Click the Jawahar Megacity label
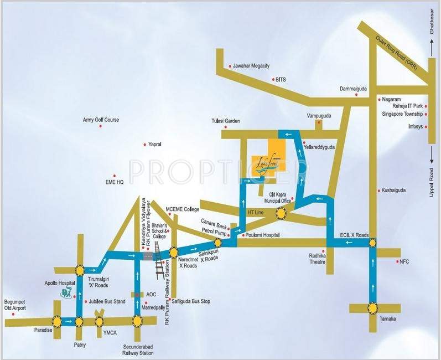(251, 66)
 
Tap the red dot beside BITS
(273, 80)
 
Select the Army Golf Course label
(101, 120)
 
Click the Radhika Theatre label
(320, 259)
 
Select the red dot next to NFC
(397, 260)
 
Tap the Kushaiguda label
(393, 190)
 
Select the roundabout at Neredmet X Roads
(174, 251)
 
